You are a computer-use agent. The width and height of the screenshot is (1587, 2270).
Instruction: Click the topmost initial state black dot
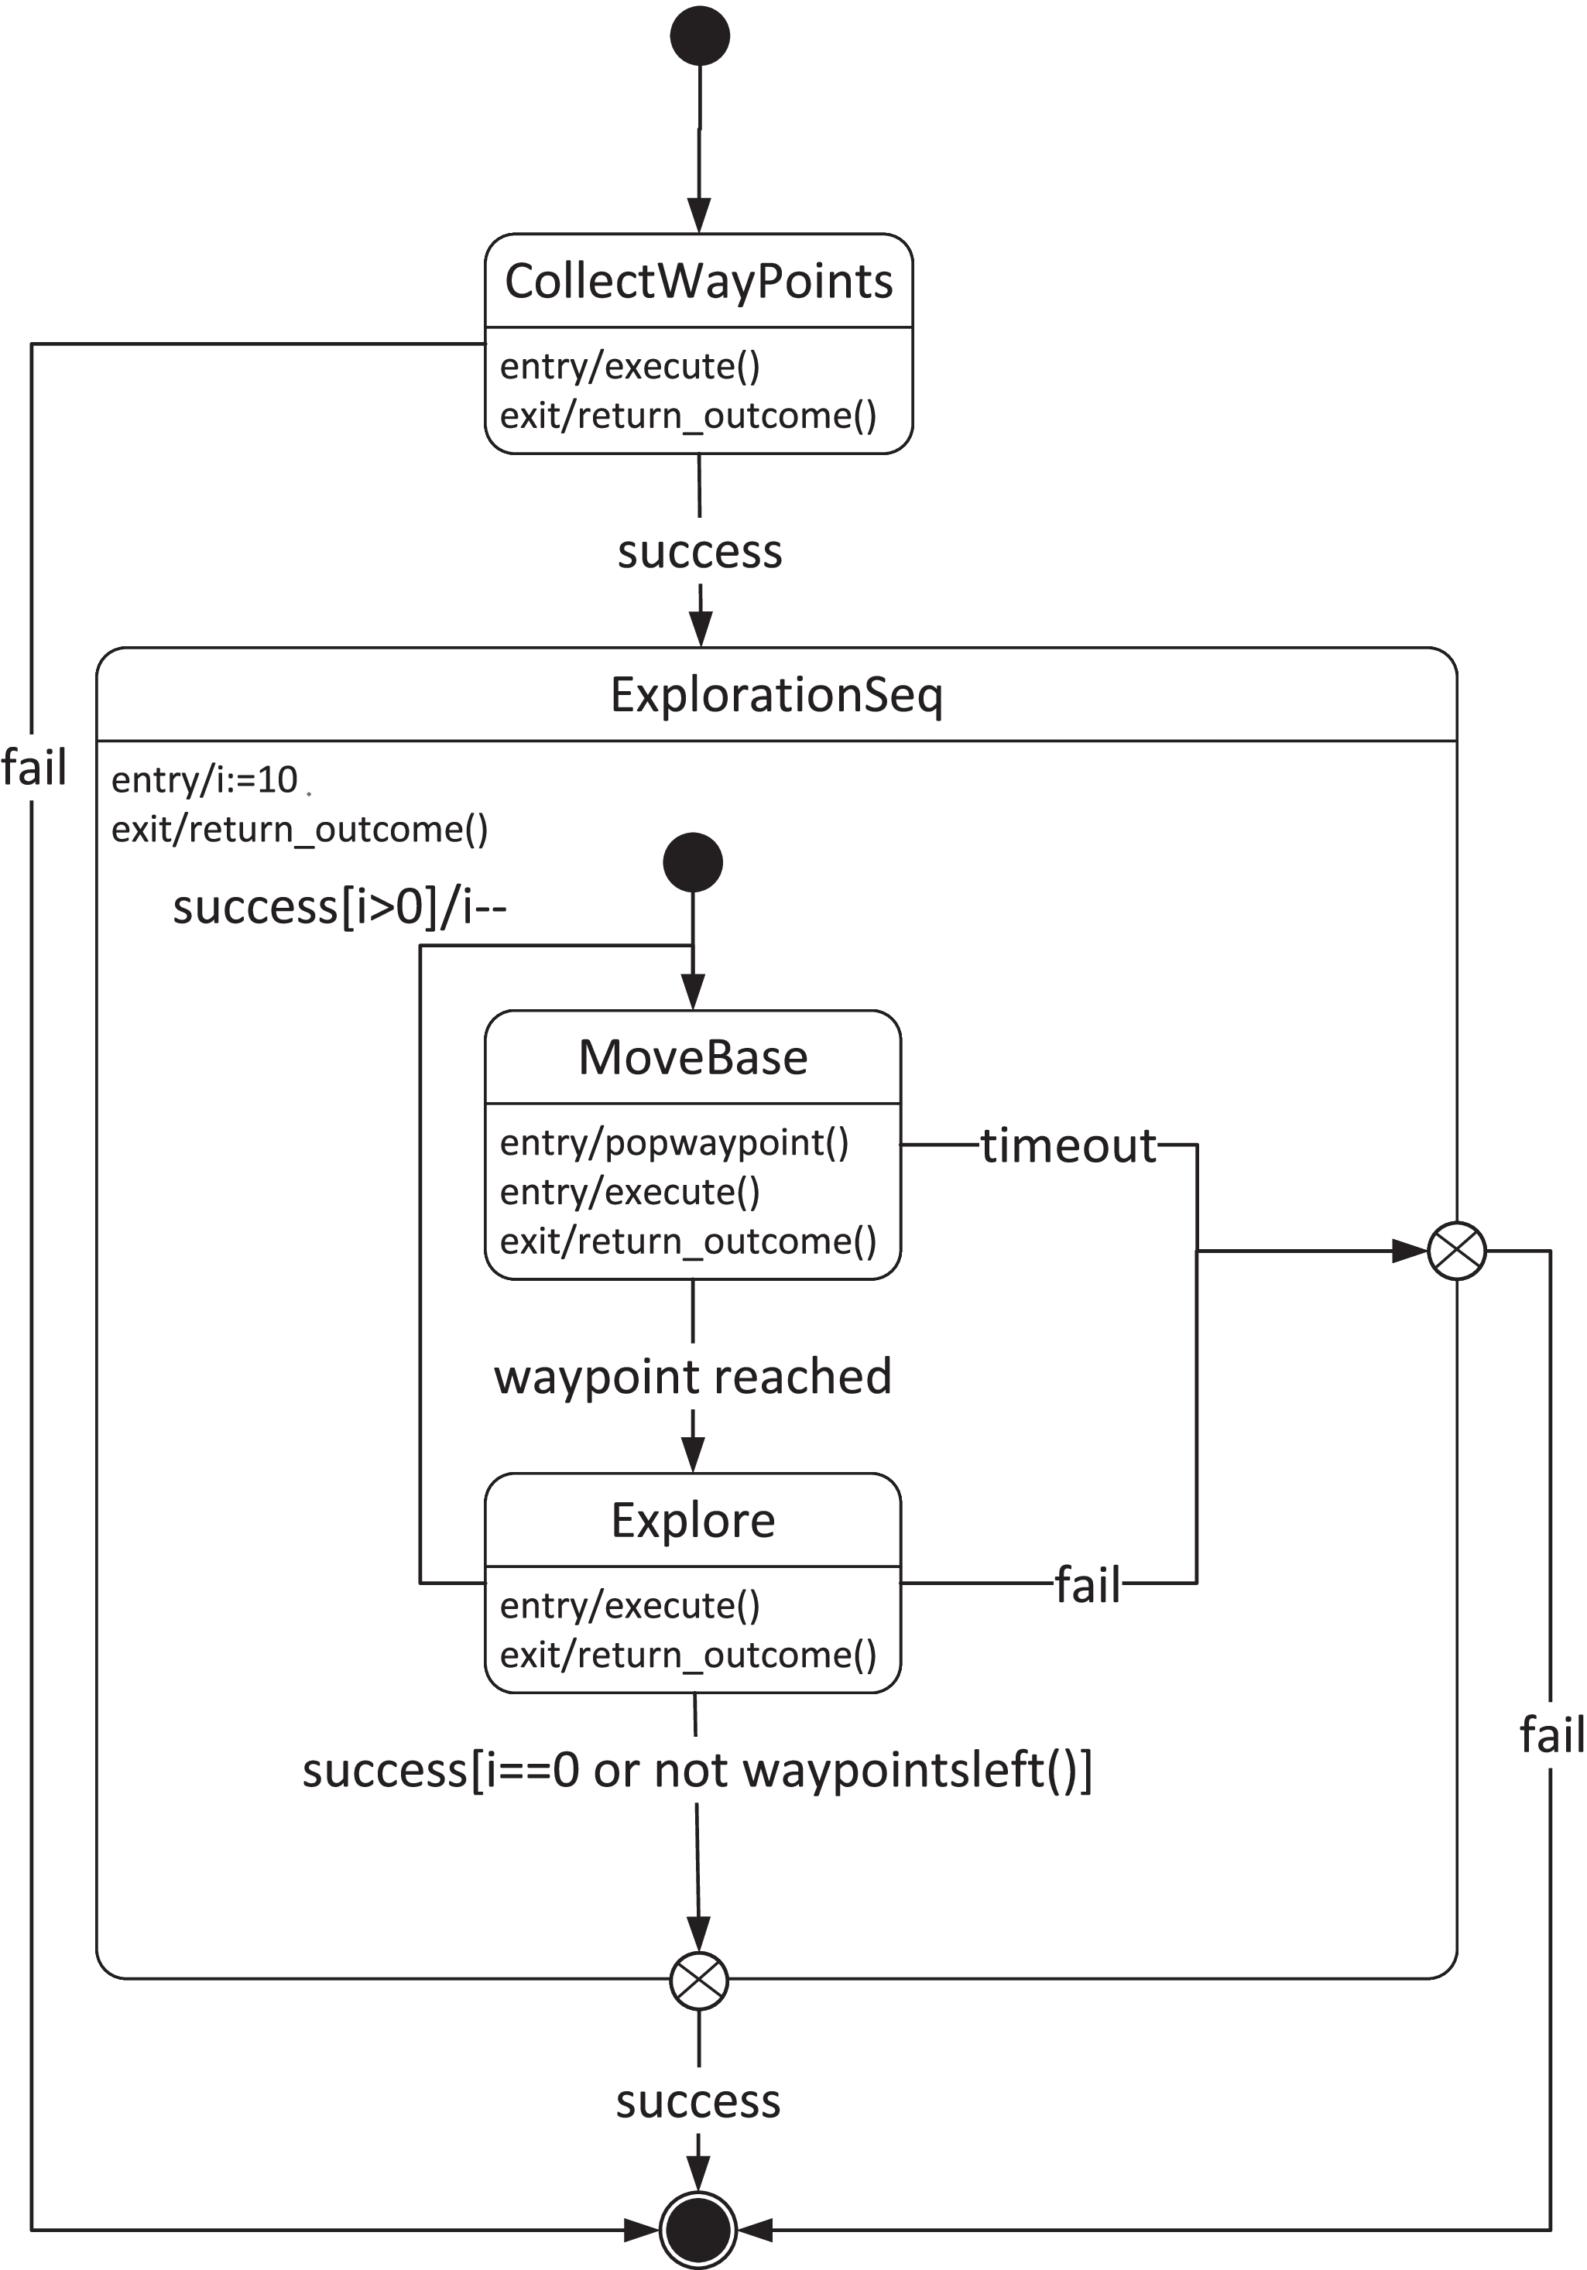tap(700, 36)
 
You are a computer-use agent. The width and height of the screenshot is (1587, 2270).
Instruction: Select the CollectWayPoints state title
tap(698, 282)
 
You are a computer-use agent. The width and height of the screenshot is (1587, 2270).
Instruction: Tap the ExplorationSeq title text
tap(776, 695)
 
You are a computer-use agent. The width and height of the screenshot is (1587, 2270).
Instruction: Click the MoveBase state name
tap(692, 1058)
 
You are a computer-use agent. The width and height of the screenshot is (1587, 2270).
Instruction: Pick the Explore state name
tap(692, 1521)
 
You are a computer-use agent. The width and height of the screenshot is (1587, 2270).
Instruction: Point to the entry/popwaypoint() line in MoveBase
tap(674, 1143)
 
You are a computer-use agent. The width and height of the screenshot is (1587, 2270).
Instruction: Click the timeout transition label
tap(1068, 1146)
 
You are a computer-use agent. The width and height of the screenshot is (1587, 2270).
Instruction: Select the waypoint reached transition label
tap(692, 1377)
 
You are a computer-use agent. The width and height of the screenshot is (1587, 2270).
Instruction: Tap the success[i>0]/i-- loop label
tap(339, 906)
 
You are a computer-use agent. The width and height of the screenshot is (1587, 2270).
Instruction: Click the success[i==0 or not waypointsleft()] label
tap(697, 1770)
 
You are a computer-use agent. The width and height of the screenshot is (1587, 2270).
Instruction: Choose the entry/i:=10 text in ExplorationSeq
tap(204, 780)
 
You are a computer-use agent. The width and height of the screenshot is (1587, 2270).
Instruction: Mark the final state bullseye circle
tap(698, 2231)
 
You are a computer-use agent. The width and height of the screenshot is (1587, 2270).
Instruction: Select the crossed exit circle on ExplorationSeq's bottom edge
tap(699, 1981)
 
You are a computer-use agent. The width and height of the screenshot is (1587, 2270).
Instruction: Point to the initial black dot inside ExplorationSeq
tap(692, 862)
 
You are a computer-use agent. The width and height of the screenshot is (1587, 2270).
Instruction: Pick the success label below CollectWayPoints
tap(699, 552)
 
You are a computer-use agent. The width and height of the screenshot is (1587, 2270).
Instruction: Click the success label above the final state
tap(698, 2101)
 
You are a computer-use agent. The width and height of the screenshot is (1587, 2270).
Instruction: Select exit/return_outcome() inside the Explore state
tap(687, 1655)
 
